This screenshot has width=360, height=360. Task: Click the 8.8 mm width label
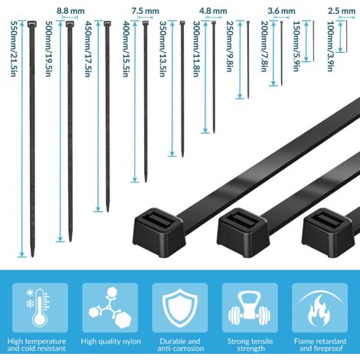point(70,11)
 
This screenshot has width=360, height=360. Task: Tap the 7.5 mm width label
point(146,11)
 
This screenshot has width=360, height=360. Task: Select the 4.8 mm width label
point(213,11)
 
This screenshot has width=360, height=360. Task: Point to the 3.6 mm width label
point(281,11)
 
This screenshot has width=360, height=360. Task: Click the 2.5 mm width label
point(342,11)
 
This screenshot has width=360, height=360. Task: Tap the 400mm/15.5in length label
point(126,49)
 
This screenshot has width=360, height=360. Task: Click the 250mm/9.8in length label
point(230,47)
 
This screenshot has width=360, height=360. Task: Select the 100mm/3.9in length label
point(330,46)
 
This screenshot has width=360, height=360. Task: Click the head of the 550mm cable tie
point(32,24)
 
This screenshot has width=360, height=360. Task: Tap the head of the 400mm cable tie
point(145,23)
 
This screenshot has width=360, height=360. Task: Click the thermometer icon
point(40,307)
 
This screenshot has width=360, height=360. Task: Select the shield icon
point(180,308)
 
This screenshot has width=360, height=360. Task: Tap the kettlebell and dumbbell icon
point(249,309)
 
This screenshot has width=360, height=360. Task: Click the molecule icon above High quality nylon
point(110,308)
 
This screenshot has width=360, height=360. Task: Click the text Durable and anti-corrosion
point(180,345)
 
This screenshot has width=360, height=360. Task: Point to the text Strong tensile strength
point(250,345)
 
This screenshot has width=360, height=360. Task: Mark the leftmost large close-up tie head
point(159,233)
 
